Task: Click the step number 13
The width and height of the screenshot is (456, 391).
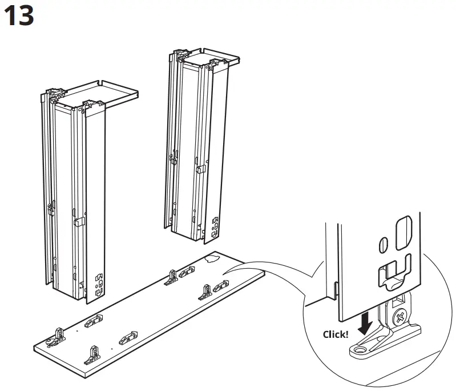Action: (x=19, y=16)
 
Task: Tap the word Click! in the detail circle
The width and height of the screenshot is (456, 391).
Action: (x=335, y=334)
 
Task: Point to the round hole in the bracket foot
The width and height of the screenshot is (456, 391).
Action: (x=362, y=347)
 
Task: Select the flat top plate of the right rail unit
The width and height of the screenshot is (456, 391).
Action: (x=217, y=55)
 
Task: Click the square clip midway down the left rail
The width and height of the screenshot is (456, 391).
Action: (x=79, y=220)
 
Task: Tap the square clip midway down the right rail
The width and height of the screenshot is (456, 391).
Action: (x=200, y=169)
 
